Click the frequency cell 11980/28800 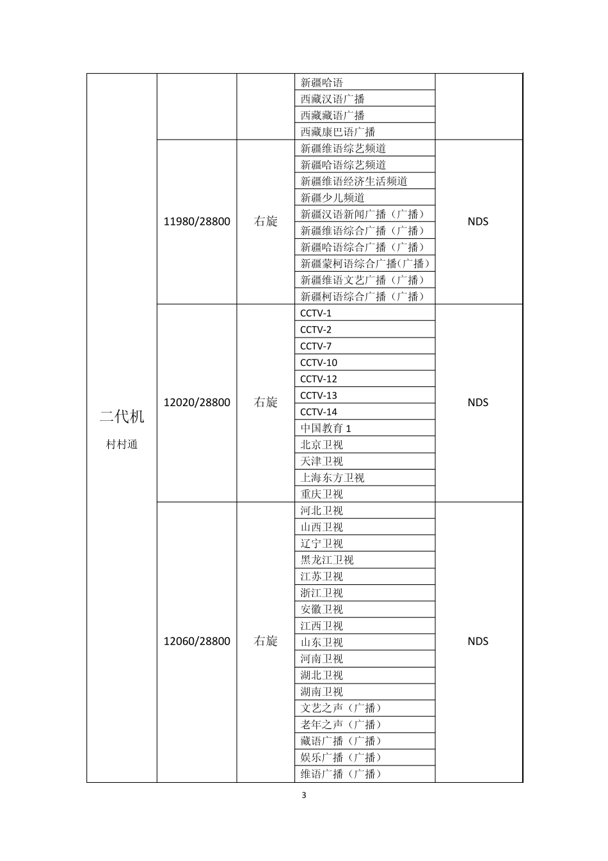(196, 222)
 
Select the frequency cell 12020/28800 (196, 403)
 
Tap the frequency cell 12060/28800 (196, 641)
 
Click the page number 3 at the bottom (304, 796)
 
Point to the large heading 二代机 (122, 417)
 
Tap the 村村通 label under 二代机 (122, 445)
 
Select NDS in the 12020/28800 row (477, 403)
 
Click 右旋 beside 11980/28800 (266, 222)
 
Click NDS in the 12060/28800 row (477, 641)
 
